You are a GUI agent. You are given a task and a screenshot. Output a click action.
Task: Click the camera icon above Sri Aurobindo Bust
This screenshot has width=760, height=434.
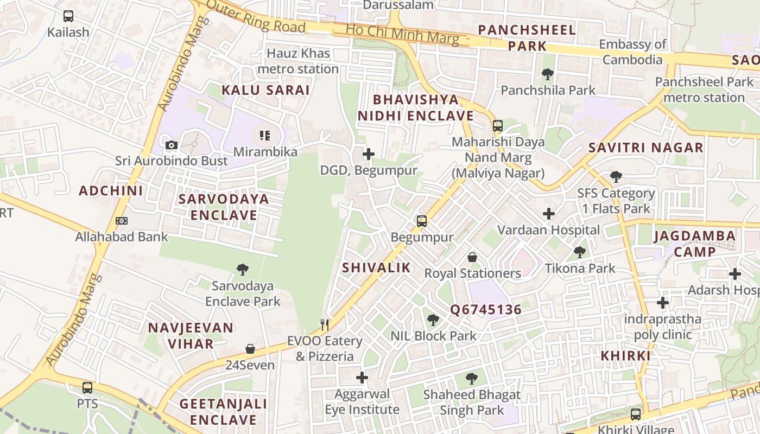point(172,145)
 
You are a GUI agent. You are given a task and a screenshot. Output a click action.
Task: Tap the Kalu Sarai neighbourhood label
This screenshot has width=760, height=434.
point(265,90)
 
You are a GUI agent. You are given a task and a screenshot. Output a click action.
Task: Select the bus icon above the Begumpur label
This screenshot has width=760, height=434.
point(422,221)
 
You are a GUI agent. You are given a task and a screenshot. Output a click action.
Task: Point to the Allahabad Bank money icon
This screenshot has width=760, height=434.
point(122,221)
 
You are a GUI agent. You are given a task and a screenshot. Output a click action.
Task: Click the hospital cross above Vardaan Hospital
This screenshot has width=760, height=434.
point(549,214)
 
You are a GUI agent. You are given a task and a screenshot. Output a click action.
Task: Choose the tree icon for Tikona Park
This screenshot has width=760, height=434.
point(580,252)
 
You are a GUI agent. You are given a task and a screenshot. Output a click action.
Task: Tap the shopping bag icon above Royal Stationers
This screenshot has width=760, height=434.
point(472,257)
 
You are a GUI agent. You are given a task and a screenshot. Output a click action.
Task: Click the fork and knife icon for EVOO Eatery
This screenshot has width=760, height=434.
point(325,325)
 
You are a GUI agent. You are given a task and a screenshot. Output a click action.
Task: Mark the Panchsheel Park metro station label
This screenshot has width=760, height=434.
point(704,90)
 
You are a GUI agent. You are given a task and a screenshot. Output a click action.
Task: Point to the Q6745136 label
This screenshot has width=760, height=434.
point(485,310)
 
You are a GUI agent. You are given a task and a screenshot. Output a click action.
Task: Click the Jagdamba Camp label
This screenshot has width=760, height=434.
point(695,244)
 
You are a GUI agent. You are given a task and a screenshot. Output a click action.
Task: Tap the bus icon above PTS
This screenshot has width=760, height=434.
point(87,388)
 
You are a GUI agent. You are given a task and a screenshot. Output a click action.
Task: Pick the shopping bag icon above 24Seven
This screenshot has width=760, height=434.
point(250,349)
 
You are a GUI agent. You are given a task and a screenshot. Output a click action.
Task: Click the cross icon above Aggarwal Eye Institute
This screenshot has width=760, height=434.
point(362,377)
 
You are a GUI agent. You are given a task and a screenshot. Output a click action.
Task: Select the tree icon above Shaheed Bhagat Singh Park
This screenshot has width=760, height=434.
point(472,378)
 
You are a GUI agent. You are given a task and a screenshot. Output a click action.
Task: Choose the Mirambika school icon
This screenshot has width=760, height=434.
point(265,135)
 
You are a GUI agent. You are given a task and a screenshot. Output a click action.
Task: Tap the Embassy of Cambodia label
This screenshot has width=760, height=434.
point(632,52)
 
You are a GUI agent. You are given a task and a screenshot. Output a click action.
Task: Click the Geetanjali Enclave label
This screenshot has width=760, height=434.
point(223,412)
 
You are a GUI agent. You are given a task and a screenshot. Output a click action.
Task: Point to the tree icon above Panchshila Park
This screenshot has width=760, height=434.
point(548,74)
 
